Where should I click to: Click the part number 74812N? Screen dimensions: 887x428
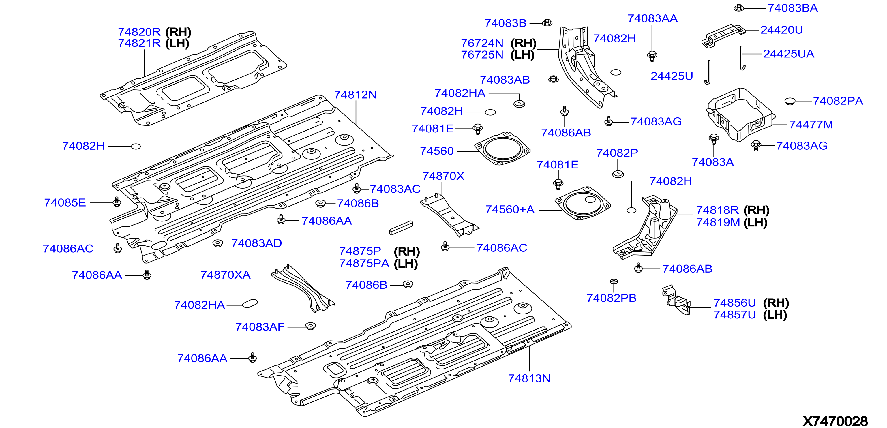click(355, 95)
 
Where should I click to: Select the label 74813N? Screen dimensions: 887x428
click(529, 378)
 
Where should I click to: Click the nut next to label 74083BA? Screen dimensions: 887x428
click(739, 8)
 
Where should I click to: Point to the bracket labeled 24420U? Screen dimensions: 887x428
click(723, 35)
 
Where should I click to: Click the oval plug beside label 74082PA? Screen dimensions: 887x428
click(790, 101)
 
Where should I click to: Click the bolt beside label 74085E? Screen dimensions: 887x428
click(117, 202)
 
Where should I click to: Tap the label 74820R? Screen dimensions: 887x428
click(139, 32)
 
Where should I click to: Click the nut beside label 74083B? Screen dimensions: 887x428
click(547, 23)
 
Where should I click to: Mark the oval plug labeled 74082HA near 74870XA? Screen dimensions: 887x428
click(250, 303)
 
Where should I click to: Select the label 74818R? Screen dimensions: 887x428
click(717, 210)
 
